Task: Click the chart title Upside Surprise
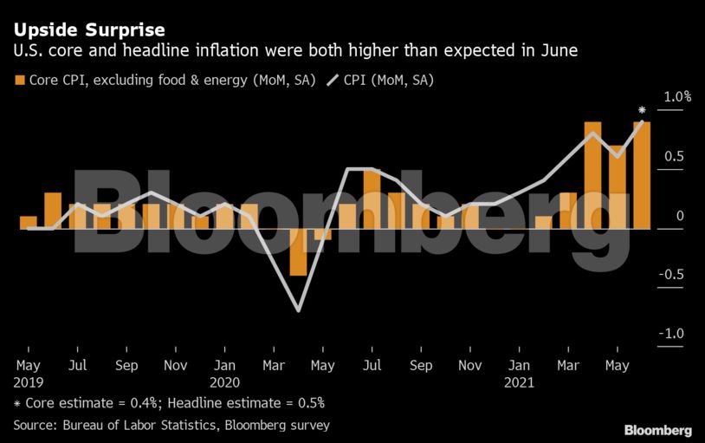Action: click(x=89, y=30)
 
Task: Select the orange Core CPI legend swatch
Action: click(x=19, y=81)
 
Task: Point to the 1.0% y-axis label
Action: click(x=676, y=97)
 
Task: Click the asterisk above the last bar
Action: click(x=642, y=111)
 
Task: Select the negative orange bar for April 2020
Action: click(x=298, y=251)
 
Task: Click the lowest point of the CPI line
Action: click(x=298, y=310)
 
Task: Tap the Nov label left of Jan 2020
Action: click(x=176, y=366)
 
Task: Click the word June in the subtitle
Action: click(x=558, y=51)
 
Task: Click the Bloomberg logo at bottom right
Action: click(x=658, y=431)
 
